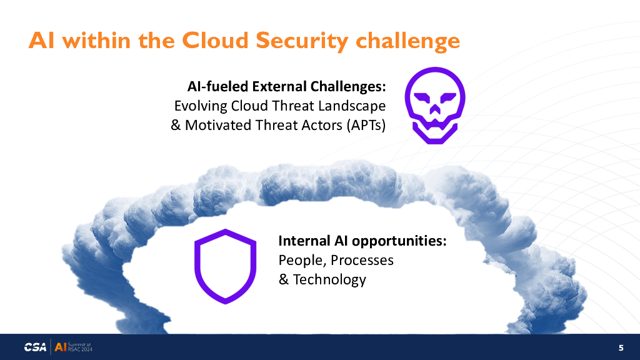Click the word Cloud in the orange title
coord(215,41)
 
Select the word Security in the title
coord(302,41)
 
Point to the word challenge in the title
coord(407,41)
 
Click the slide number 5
coord(621,347)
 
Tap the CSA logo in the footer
coord(35,347)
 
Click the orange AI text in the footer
coord(61,347)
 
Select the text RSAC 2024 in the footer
coord(80,349)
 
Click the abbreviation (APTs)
coord(366,125)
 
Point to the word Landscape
coord(352,106)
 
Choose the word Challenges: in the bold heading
coord(348,87)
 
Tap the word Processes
coord(362,260)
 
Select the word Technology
coord(329,279)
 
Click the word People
coord(302,261)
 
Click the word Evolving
coord(201,106)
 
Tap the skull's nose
coord(435,109)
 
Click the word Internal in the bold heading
coord(304,241)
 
